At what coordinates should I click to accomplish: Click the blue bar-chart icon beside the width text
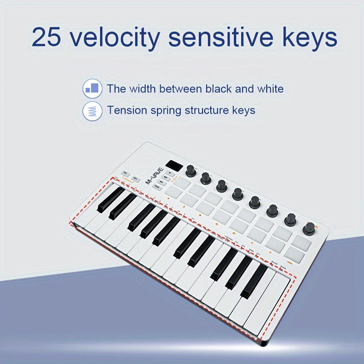92,88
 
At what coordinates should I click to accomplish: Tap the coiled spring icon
92,110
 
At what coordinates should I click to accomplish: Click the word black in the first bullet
217,88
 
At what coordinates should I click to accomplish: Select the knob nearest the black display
191,171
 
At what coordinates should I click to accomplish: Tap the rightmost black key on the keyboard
254,281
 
